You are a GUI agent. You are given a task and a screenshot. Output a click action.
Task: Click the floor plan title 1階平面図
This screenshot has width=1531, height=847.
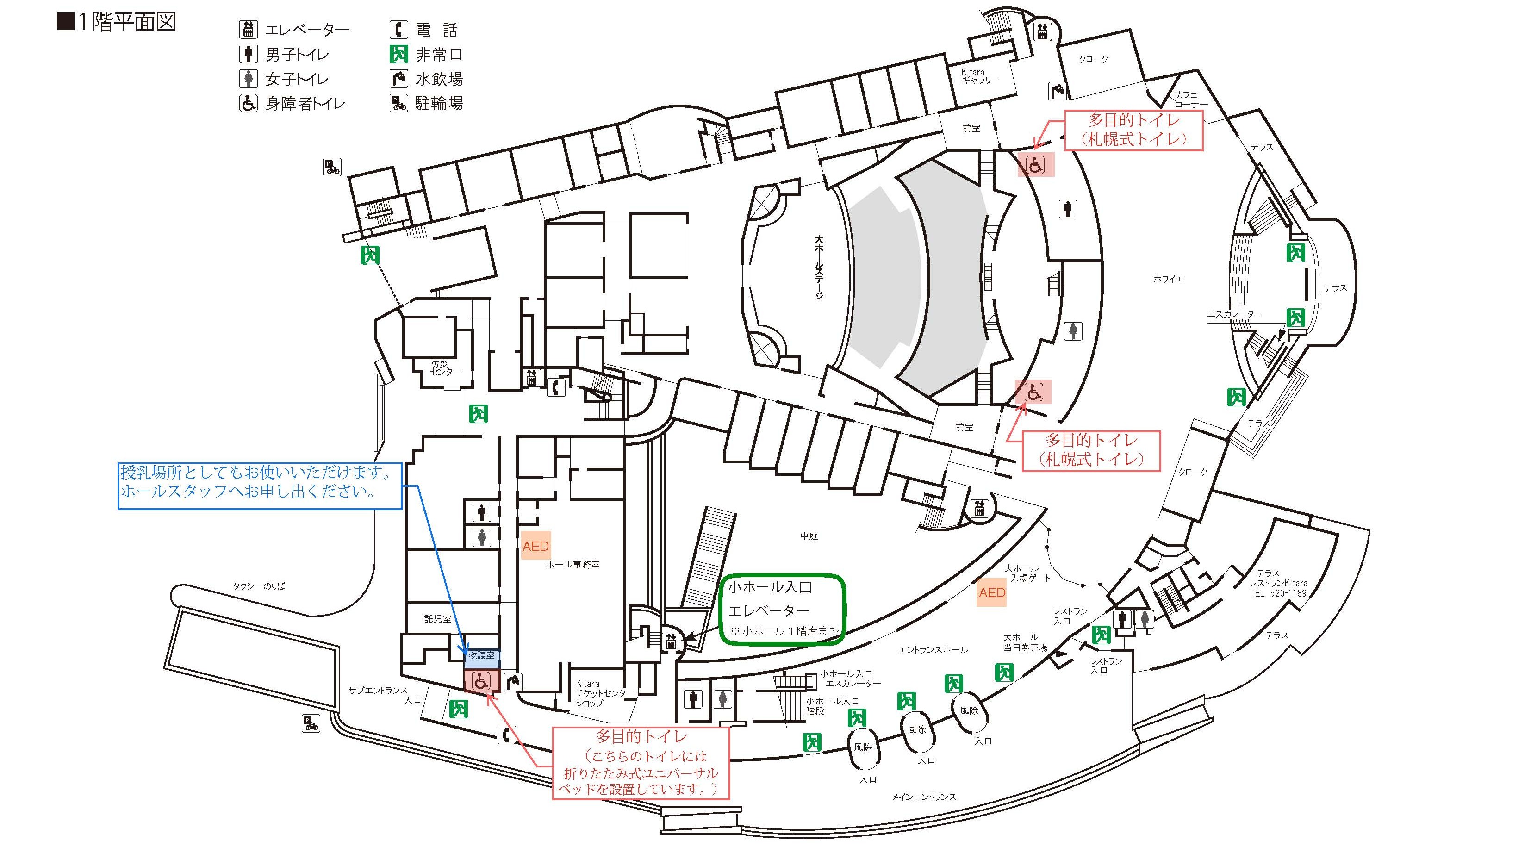(117, 23)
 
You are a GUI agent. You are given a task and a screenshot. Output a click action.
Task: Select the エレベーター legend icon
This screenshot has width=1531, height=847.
(249, 29)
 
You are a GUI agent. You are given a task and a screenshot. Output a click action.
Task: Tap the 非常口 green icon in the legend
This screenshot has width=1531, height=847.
(398, 54)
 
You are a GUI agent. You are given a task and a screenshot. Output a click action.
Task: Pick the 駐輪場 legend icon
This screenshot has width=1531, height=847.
(398, 103)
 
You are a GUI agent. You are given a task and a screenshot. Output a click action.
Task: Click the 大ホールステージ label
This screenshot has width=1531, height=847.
(819, 268)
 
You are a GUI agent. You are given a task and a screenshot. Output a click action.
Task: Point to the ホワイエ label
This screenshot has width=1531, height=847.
(1168, 279)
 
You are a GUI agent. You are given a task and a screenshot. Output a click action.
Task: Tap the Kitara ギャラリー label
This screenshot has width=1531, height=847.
(979, 75)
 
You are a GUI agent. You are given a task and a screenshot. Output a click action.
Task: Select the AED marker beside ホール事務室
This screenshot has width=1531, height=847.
(535, 546)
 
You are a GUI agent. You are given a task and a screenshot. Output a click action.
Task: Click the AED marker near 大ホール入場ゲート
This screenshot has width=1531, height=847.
(992, 592)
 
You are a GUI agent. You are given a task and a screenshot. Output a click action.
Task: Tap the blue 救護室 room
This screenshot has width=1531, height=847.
(481, 655)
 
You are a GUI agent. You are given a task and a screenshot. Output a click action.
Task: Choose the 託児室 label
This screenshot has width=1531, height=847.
(437, 619)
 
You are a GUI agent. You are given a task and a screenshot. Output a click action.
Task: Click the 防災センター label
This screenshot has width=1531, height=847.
(445, 368)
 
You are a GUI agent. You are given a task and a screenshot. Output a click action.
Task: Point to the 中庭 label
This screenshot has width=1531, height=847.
(809, 536)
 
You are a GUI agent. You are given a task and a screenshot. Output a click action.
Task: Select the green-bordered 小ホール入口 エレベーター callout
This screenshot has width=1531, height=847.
(782, 609)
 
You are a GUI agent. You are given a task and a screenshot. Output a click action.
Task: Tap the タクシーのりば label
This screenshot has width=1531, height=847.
(259, 586)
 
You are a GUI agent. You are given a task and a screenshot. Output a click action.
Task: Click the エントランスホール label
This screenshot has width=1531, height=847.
(933, 650)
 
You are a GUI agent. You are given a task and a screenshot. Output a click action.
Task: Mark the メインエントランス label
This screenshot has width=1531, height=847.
(924, 797)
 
